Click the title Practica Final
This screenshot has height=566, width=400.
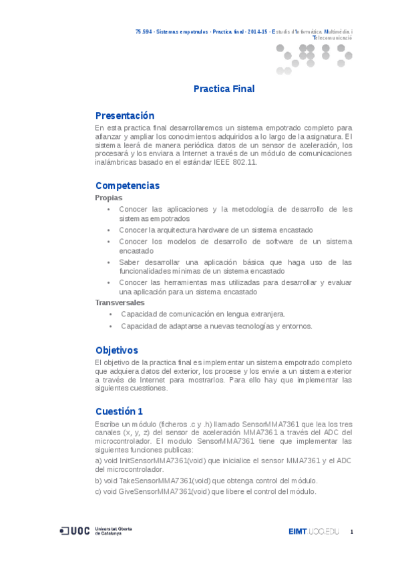click(x=224, y=89)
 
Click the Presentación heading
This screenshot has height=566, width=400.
click(x=124, y=115)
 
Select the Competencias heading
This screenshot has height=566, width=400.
click(x=128, y=186)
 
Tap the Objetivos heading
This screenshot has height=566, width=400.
click(x=116, y=350)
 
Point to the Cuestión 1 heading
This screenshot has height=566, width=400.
click(x=119, y=411)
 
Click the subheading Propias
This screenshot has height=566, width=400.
click(x=108, y=198)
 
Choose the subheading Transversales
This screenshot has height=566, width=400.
click(x=120, y=302)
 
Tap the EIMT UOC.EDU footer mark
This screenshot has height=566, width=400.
click(x=314, y=531)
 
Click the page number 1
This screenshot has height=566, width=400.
click(x=351, y=531)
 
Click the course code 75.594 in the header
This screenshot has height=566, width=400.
click(x=143, y=32)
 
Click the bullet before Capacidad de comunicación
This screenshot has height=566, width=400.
click(x=110, y=314)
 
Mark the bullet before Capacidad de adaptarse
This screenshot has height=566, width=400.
click(x=110, y=326)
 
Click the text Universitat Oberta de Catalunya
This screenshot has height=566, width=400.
click(x=113, y=531)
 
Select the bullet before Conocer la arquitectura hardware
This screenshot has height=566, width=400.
click(x=109, y=230)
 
